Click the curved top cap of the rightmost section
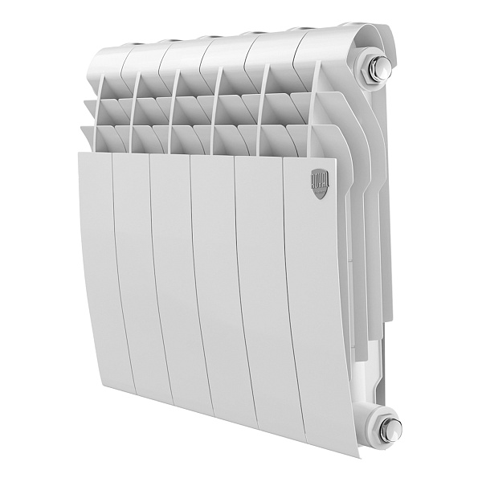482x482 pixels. coord(337,36)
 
